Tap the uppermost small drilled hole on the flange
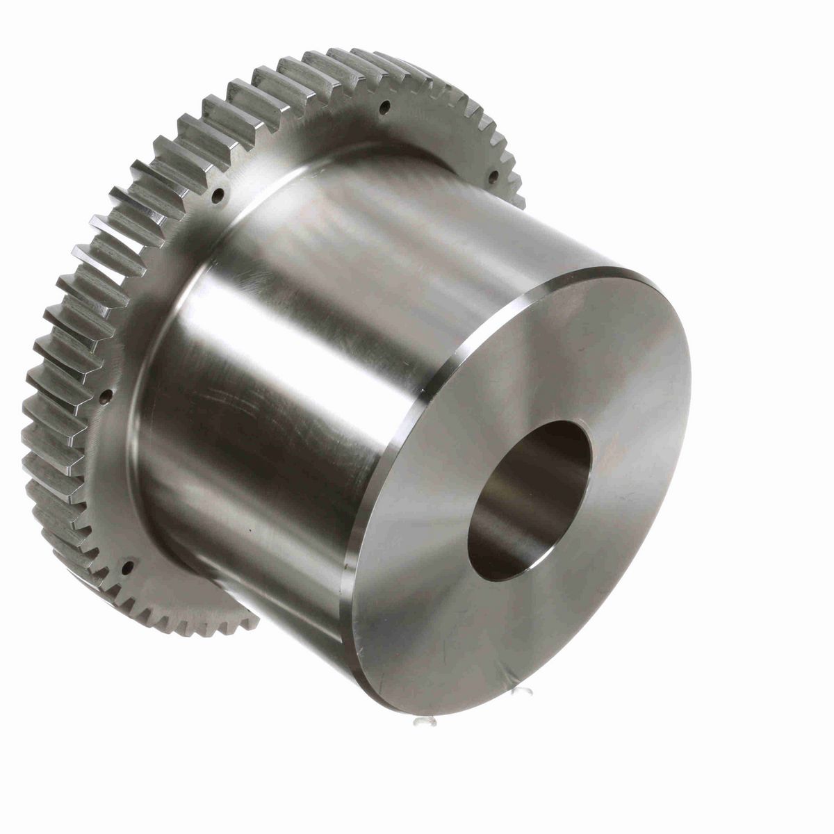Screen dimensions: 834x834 [x=383, y=106]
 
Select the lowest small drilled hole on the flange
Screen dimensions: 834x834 [x=127, y=568]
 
